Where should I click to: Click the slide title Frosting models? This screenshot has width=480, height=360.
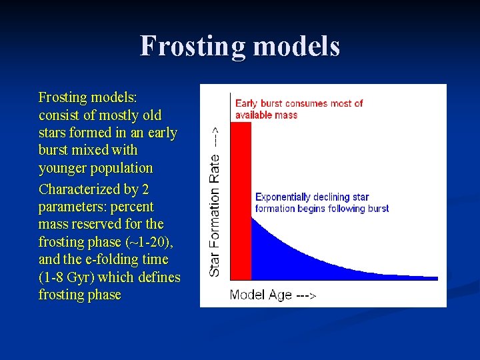point(240,47)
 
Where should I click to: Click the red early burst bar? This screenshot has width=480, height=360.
point(241,200)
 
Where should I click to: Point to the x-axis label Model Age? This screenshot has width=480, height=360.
point(260,295)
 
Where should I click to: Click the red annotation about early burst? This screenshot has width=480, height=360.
point(299,109)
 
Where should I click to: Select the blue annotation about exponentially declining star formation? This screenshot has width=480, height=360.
point(322,203)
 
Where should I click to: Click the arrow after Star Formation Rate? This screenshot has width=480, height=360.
point(215,135)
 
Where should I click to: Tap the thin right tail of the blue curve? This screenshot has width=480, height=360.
point(413,277)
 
